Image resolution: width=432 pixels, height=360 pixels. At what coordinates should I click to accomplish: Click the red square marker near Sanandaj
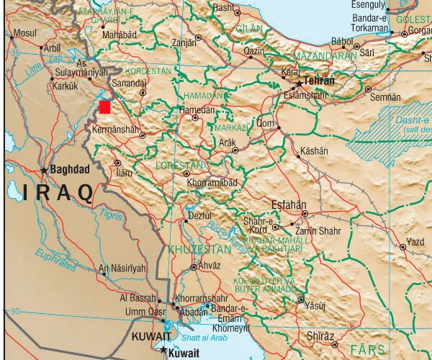[x=105, y=107]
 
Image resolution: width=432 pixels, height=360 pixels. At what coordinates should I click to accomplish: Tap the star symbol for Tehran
[x=299, y=83]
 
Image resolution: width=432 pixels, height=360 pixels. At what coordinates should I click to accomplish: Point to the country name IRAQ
[x=58, y=192]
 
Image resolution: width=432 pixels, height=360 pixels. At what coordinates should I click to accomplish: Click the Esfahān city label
[x=288, y=204]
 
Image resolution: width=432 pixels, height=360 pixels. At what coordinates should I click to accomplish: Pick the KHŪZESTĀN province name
[x=199, y=249]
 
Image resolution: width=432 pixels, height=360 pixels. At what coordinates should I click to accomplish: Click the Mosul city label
[x=24, y=33]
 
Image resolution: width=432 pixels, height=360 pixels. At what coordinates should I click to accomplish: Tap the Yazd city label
[x=415, y=240]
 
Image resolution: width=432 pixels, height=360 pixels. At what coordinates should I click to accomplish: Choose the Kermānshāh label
[x=116, y=130]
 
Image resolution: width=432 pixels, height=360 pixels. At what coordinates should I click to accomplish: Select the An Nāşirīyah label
[x=122, y=269]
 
